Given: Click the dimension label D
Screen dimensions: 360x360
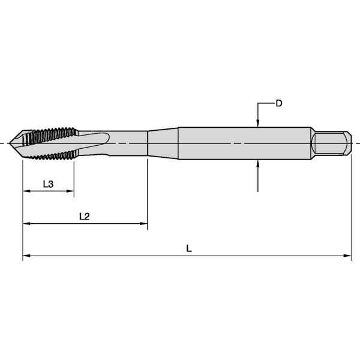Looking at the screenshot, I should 279,103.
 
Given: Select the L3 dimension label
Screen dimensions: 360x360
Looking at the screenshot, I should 49,184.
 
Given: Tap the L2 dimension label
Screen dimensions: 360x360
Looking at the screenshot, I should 85,216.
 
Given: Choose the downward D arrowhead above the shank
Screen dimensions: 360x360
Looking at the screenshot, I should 257,124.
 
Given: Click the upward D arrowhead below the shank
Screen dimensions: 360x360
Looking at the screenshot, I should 257,163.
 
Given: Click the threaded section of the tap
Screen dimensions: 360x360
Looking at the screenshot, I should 51,143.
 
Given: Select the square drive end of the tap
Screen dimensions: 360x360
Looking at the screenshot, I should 331,143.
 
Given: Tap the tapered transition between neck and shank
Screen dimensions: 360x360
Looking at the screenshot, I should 163,143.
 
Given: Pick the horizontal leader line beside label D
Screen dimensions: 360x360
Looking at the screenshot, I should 266,104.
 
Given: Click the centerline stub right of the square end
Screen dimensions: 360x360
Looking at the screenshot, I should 355,143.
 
